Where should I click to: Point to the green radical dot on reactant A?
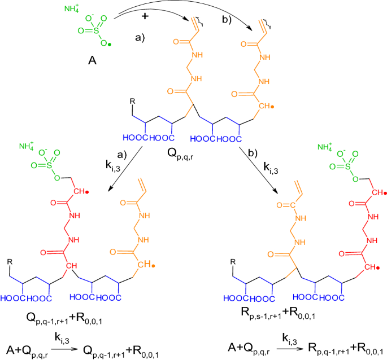(110, 45)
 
